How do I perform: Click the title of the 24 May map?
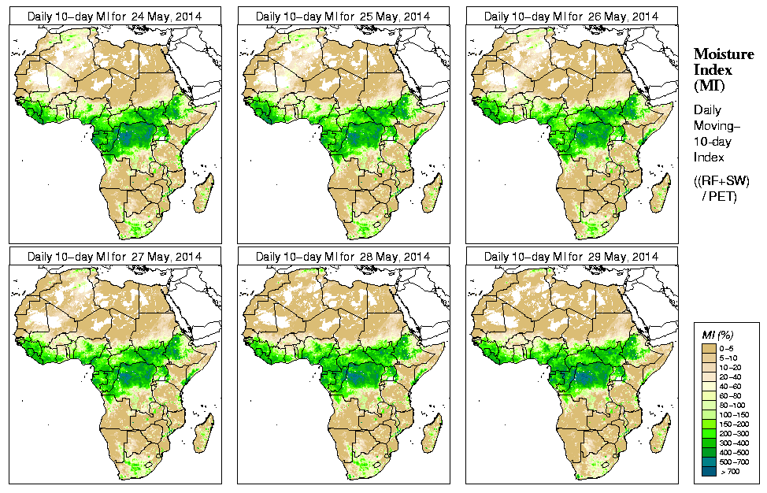(114, 16)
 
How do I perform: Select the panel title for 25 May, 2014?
(343, 16)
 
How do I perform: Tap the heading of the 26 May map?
(571, 16)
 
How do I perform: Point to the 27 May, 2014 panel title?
(114, 257)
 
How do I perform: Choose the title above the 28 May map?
(343, 257)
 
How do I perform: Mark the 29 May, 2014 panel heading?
(571, 257)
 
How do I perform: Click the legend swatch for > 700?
(710, 471)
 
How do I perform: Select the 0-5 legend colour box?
(710, 347)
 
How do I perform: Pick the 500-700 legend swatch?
(710, 461)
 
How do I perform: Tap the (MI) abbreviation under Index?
(708, 84)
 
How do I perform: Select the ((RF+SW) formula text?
(722, 182)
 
